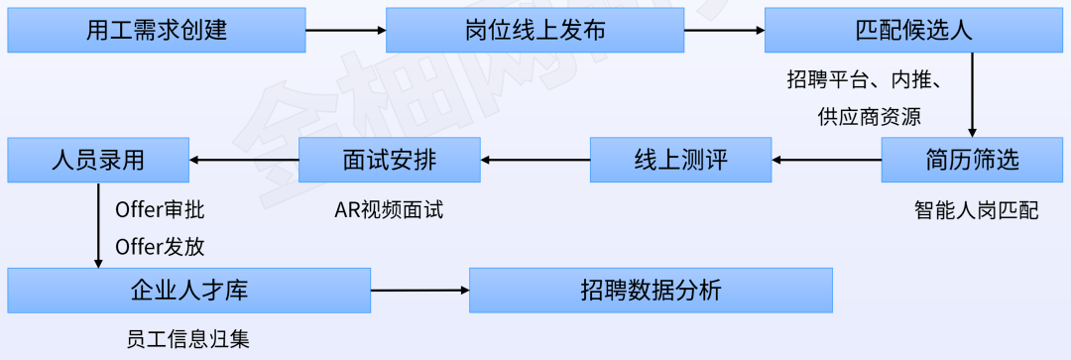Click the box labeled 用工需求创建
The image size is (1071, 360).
pyautogui.click(x=156, y=30)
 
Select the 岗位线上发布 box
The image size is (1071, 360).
pyautogui.click(x=535, y=30)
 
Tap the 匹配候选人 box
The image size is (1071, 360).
pyautogui.click(x=912, y=30)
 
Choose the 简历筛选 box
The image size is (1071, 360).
pyautogui.click(x=971, y=159)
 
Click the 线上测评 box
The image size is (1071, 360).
pyautogui.click(x=680, y=159)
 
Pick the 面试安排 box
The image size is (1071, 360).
pyautogui.click(x=389, y=159)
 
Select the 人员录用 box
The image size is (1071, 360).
pyautogui.click(x=97, y=159)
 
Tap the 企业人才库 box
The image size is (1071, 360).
pyautogui.click(x=188, y=291)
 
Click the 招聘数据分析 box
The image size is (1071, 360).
pyautogui.click(x=651, y=291)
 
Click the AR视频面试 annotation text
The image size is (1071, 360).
pyautogui.click(x=389, y=210)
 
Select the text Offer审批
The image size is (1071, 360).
pyautogui.click(x=160, y=210)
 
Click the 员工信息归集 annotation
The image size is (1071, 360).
pyautogui.click(x=188, y=339)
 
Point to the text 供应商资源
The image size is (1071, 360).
pyautogui.click(x=870, y=116)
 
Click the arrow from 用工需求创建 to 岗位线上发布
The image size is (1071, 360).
pyautogui.click(x=345, y=30)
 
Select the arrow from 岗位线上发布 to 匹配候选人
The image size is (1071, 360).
pyautogui.click(x=724, y=30)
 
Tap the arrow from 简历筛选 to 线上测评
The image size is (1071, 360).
pyautogui.click(x=826, y=159)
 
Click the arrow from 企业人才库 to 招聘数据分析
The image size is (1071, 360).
pyautogui.click(x=419, y=291)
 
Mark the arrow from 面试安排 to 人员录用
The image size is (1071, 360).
pyautogui.click(x=243, y=159)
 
